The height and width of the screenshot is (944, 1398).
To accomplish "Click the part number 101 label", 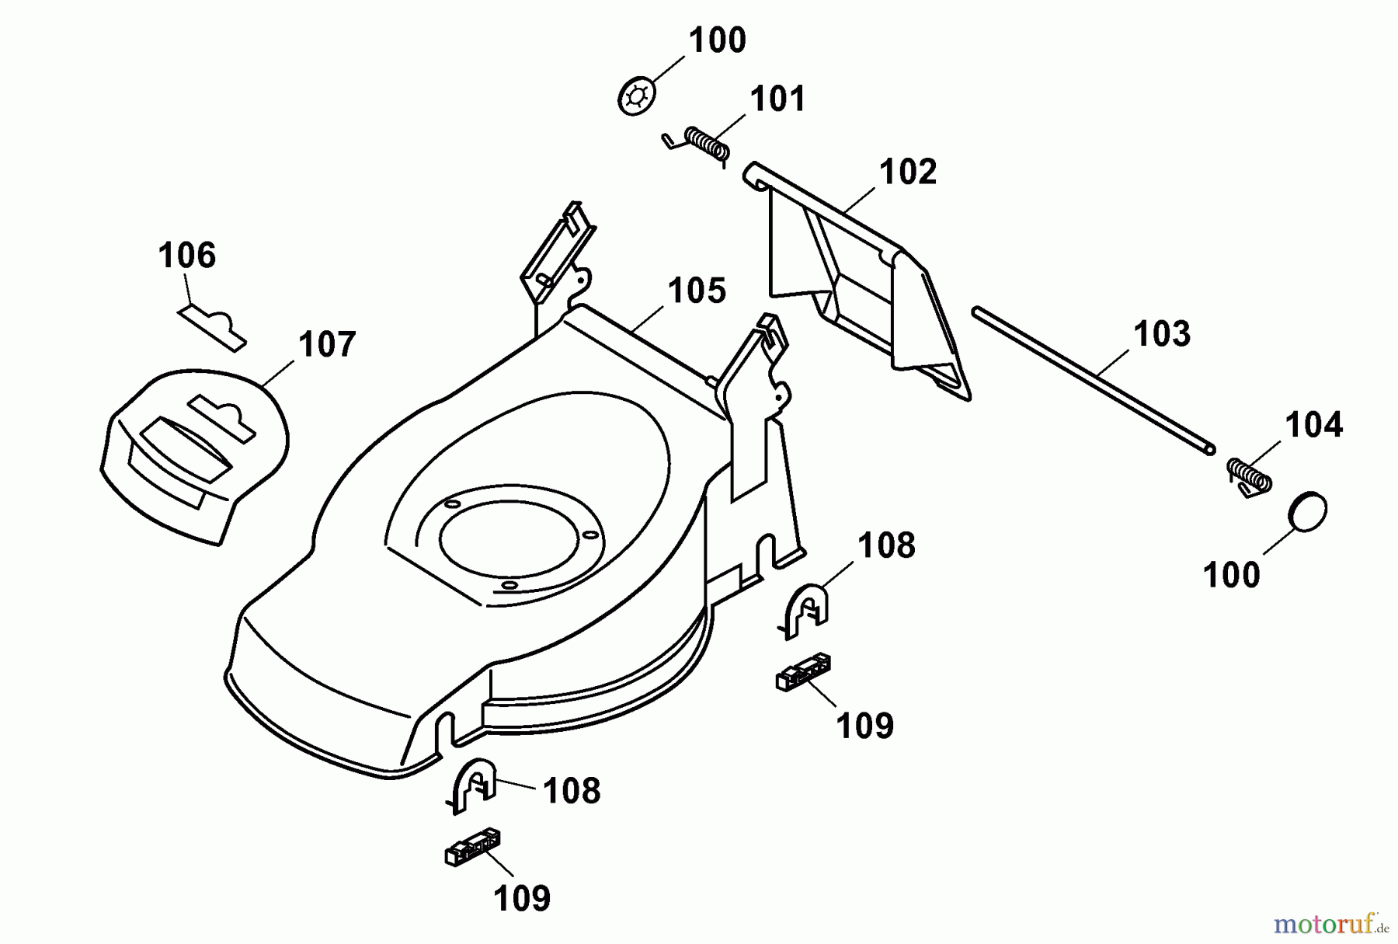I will pyautogui.click(x=777, y=99).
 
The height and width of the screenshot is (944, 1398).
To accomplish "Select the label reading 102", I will pyautogui.click(x=908, y=172).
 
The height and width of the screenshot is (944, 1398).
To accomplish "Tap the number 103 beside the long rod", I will pyautogui.click(x=1161, y=333).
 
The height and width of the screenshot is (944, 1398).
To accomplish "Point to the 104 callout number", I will pyautogui.click(x=1313, y=425).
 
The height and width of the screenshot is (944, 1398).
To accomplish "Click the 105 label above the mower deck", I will pyautogui.click(x=697, y=291).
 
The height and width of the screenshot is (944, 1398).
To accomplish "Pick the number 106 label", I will pyautogui.click(x=186, y=255).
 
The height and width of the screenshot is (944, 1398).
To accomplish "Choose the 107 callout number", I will pyautogui.click(x=327, y=344).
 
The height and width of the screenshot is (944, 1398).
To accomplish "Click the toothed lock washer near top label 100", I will pyautogui.click(x=637, y=96).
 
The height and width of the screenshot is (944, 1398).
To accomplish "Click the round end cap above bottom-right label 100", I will pyautogui.click(x=1308, y=511).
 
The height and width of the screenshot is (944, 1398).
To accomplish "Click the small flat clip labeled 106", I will pyautogui.click(x=212, y=326).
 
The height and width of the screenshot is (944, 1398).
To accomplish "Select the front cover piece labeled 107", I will pyautogui.click(x=194, y=451).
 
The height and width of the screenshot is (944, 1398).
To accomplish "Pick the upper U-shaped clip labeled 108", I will pyautogui.click(x=805, y=609).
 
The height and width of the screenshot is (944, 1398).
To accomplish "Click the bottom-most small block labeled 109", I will pyautogui.click(x=472, y=847).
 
